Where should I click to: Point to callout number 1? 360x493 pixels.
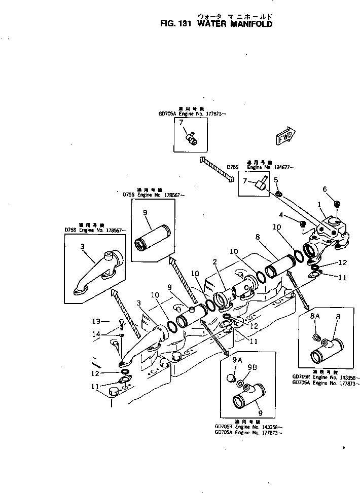(x=319, y=205)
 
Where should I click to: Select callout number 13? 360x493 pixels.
(x=95, y=322)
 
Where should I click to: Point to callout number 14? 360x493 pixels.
(x=95, y=334)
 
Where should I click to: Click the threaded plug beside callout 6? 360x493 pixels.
(x=337, y=204)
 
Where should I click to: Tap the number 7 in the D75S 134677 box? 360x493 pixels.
(x=245, y=181)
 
